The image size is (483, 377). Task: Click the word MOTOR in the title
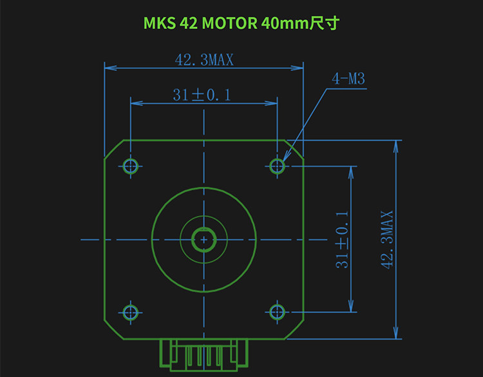229,23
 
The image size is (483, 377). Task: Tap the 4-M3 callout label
348,79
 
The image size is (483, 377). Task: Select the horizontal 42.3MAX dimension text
204,60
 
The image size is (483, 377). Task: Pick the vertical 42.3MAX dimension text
387,240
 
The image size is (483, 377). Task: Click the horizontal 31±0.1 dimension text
202,95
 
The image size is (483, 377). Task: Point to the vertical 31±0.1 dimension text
342,240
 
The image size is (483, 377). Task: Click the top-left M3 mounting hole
130,166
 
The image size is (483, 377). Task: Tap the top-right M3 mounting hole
277,166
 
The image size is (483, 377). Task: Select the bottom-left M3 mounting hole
130,313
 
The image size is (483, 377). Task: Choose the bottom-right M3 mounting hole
277,313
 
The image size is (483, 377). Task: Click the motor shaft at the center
204,240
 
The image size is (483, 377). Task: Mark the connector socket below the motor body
204,354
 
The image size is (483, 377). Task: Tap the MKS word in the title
160,23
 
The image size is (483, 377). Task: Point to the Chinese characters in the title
325,23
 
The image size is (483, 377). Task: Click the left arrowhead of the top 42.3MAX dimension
111,68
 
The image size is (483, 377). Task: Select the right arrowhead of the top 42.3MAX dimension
298,68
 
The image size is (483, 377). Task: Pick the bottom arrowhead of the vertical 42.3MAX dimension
396,333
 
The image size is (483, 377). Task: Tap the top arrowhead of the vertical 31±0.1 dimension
350,173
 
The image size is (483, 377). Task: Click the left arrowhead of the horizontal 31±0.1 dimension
137,103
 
